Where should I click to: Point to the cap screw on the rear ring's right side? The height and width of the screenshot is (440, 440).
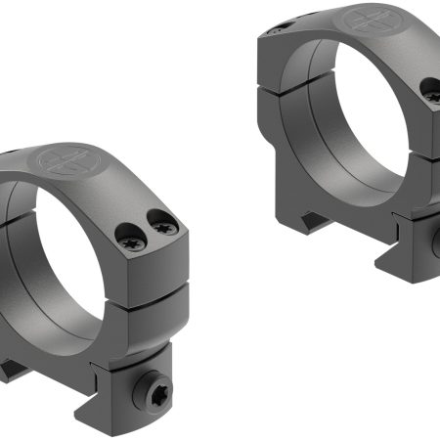431,89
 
